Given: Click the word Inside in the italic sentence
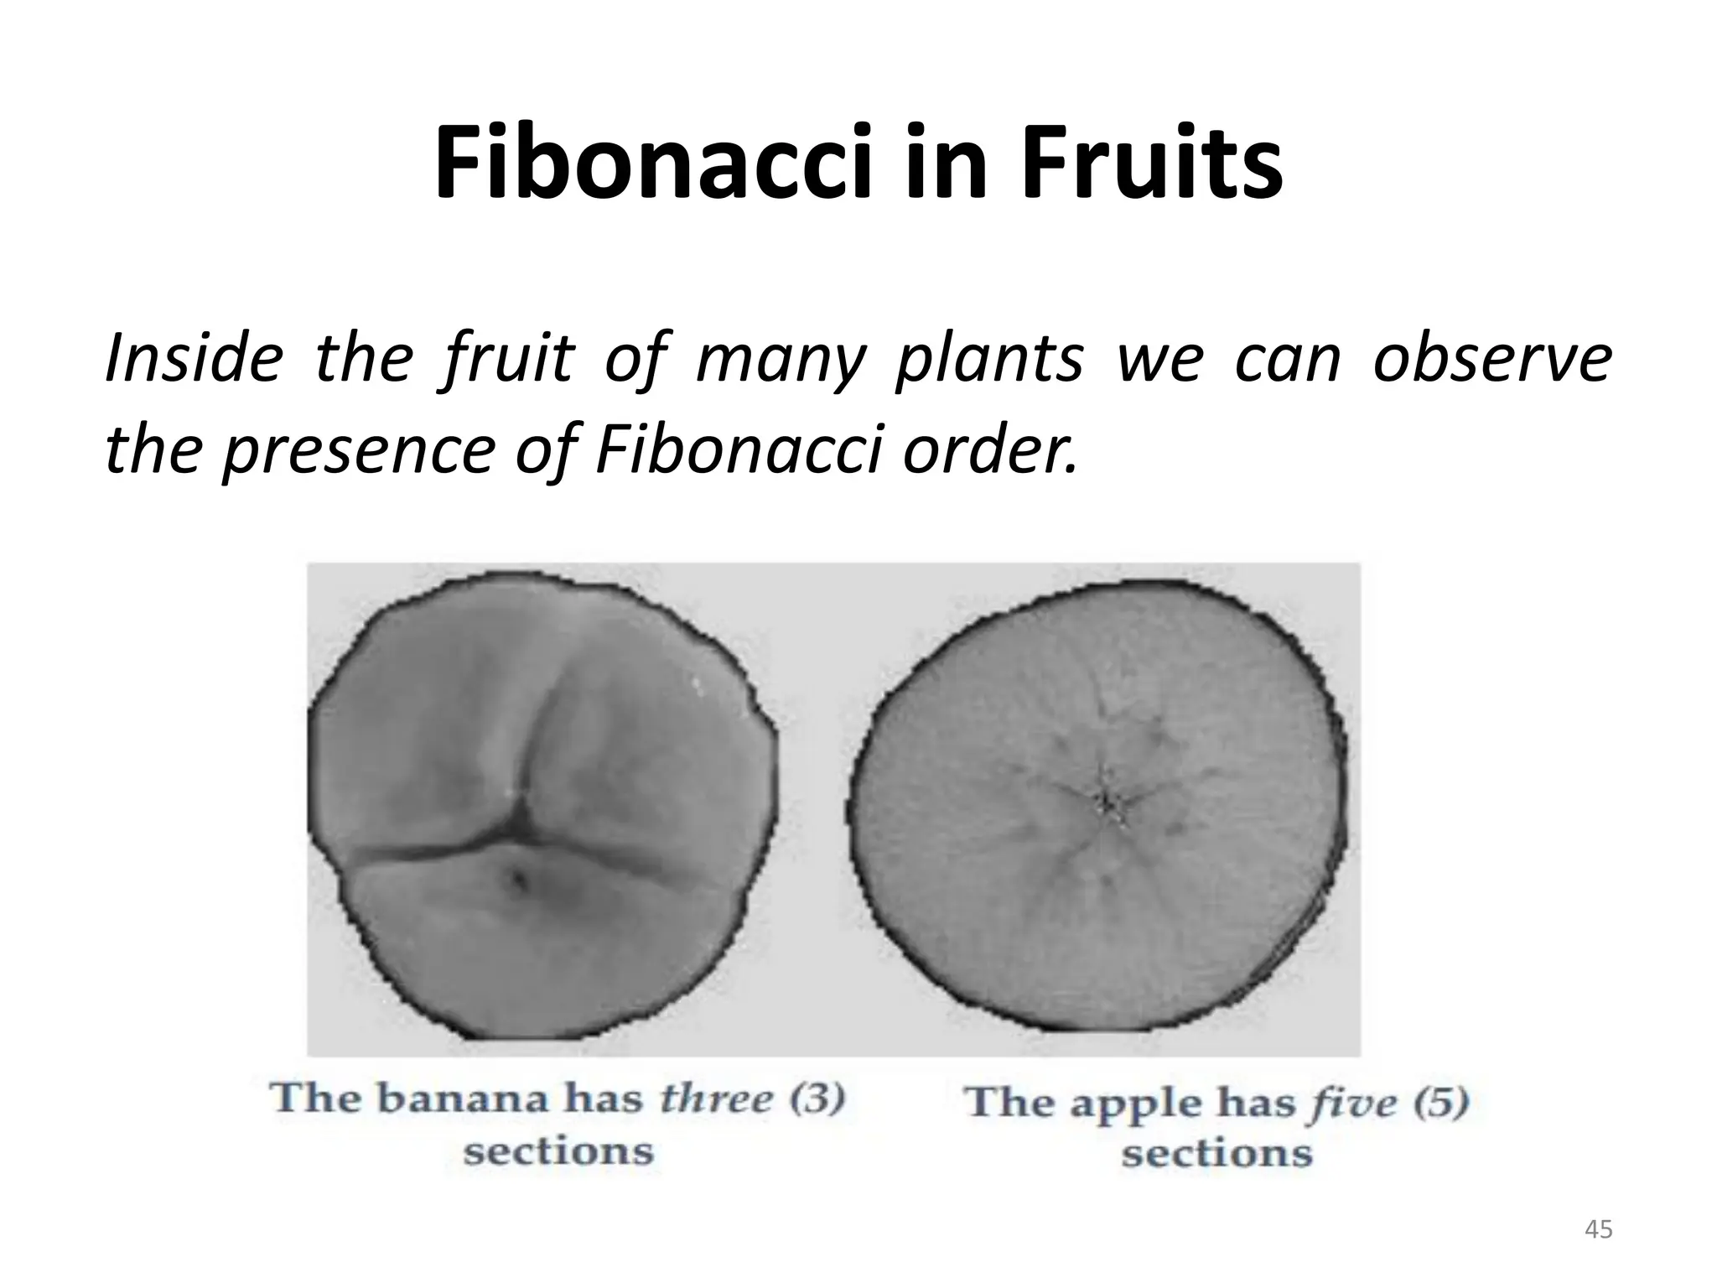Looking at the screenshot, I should click(193, 359).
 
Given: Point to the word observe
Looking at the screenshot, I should click(1492, 359).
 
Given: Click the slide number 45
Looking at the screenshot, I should click(1599, 1230).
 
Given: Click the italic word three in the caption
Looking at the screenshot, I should click(716, 1098).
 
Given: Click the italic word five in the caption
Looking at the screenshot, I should click(1351, 1102).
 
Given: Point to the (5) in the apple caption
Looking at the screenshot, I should click(1440, 1102).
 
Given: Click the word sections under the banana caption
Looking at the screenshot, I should click(558, 1150).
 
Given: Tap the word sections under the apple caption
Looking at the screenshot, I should click(1216, 1154).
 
